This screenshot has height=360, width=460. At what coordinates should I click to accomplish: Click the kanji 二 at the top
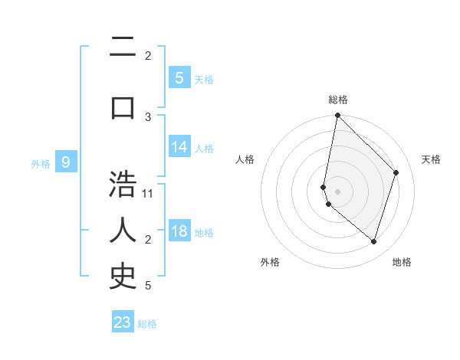(x=123, y=48)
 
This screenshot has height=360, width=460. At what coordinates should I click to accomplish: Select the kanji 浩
(x=123, y=186)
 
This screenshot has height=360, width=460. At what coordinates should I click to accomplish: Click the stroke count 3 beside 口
(x=148, y=116)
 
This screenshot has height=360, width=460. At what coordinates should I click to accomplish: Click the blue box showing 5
(x=179, y=77)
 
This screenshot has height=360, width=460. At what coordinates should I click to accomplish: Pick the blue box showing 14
(x=179, y=147)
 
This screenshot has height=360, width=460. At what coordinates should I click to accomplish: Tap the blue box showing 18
(x=179, y=231)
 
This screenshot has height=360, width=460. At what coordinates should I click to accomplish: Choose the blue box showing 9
(x=66, y=162)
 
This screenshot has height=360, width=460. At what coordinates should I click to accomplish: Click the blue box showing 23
(x=123, y=322)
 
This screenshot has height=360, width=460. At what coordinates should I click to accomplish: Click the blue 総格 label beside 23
(x=147, y=324)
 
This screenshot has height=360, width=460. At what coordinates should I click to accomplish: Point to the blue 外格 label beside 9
(x=41, y=163)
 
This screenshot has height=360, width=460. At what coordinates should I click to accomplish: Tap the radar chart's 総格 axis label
(x=337, y=100)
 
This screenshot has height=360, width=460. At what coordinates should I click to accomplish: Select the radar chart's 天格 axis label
(x=431, y=159)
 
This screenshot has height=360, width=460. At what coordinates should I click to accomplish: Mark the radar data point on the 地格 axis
(x=373, y=241)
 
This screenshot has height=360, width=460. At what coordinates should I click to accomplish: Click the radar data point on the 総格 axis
(x=337, y=116)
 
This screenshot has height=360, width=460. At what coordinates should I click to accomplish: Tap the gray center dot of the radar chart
(x=337, y=191)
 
